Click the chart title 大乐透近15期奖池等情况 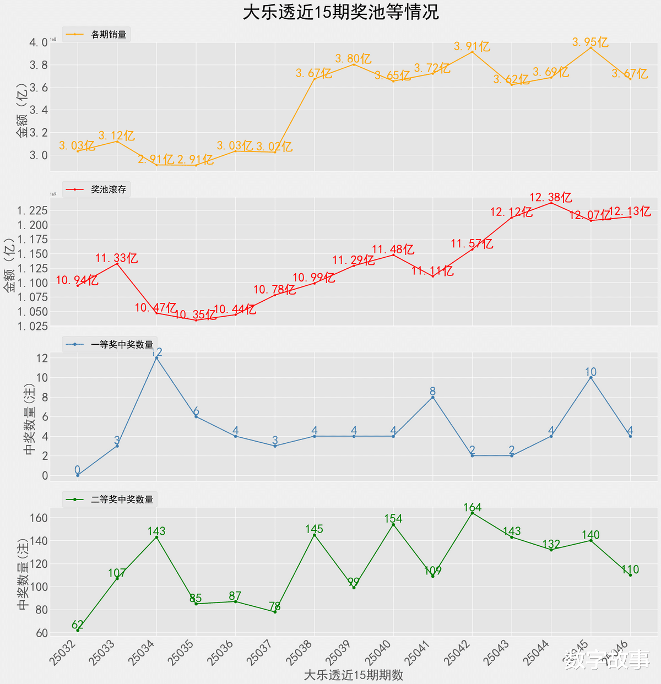(x=341, y=12)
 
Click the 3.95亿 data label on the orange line (x=590, y=42)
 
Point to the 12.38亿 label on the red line (x=550, y=197)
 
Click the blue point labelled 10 (x=591, y=378)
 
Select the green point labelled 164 (x=472, y=513)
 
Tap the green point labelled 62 (x=78, y=630)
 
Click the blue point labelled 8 (x=433, y=397)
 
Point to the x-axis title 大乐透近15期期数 (x=353, y=675)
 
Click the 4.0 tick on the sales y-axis (x=38, y=43)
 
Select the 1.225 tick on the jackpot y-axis (x=32, y=210)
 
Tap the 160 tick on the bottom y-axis (x=41, y=518)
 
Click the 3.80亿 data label (x=353, y=58)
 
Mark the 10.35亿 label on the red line (x=196, y=315)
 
